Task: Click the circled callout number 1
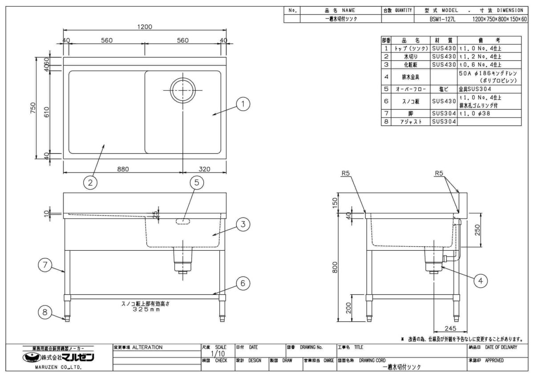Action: (243, 105)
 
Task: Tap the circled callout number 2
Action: (91, 182)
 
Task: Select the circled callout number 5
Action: (196, 182)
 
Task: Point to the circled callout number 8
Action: (44, 312)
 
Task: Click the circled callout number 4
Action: (480, 280)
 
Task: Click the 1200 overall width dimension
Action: (144, 27)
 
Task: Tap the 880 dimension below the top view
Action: (123, 169)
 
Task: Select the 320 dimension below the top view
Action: (204, 169)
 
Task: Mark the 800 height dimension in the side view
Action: (335, 267)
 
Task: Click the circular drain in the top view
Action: (183, 90)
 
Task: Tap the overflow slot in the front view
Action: (183, 221)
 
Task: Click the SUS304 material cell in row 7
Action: (444, 114)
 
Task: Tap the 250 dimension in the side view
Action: (477, 229)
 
